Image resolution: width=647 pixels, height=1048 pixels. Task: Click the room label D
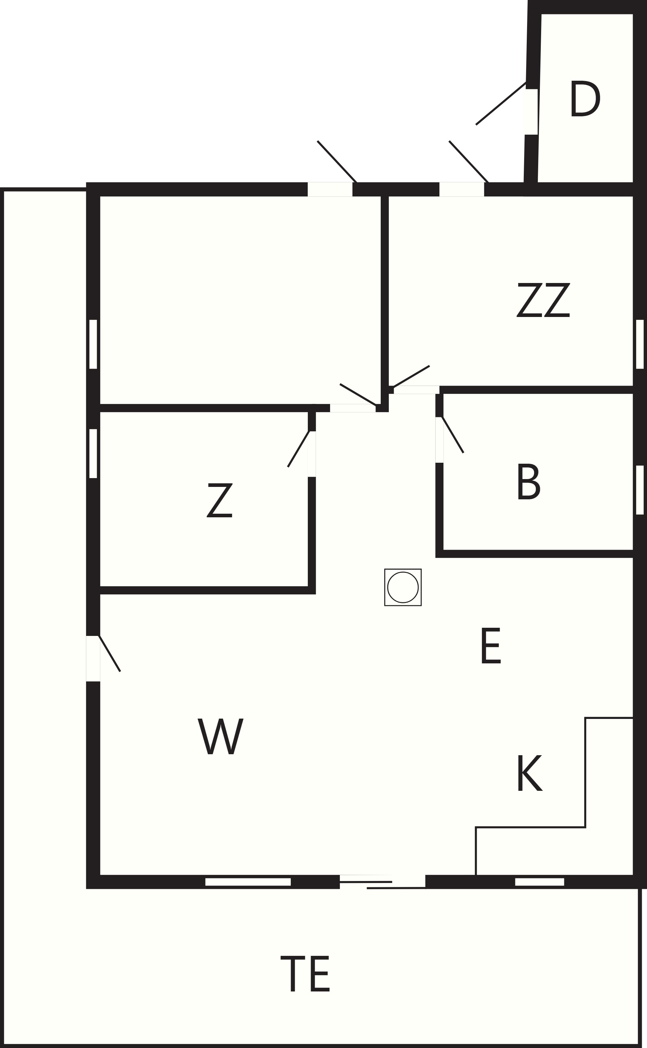(x=585, y=98)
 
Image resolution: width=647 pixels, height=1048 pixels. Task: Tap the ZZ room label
(x=543, y=300)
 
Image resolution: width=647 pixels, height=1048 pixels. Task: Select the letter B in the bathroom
(x=529, y=481)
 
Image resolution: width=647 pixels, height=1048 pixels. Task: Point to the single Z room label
(x=220, y=500)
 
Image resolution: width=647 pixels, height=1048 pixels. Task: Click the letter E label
(x=491, y=646)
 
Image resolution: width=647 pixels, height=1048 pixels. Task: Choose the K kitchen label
(x=530, y=773)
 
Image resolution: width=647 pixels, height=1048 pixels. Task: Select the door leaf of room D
(x=501, y=103)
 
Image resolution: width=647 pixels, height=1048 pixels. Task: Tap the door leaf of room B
(x=453, y=434)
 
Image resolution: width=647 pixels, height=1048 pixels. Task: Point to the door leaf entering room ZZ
(x=411, y=376)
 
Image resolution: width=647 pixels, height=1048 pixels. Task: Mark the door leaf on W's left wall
(x=109, y=654)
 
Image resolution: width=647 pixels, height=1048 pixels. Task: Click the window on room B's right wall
(x=640, y=490)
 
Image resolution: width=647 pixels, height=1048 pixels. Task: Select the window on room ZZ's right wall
(x=640, y=344)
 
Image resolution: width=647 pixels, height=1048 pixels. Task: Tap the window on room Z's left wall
(x=93, y=453)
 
